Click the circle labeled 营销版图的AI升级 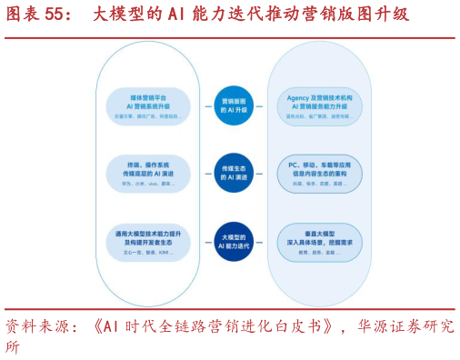[x=234, y=105]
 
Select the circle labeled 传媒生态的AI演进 [x=234, y=173]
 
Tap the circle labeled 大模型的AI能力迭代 [x=234, y=242]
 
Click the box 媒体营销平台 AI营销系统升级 [x=148, y=105]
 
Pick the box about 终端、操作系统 [x=148, y=173]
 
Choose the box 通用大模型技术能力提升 [x=148, y=242]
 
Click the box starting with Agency [x=319, y=105]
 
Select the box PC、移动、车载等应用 [x=319, y=173]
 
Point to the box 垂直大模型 [x=319, y=242]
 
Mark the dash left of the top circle [x=208, y=106]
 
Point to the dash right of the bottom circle [x=259, y=242]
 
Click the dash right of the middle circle [x=259, y=173]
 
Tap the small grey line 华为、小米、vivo [x=148, y=184]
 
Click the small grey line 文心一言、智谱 [x=148, y=253]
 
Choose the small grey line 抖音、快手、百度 [x=319, y=184]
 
